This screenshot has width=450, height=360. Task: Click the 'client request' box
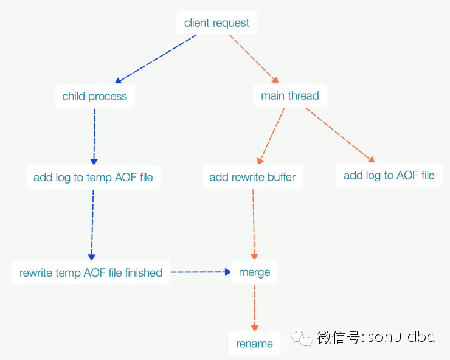[217, 22]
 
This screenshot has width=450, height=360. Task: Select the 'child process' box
[95, 96]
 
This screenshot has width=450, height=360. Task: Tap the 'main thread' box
[290, 95]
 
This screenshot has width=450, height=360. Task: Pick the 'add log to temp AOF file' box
[94, 177]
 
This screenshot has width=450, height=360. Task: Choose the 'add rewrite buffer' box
[252, 176]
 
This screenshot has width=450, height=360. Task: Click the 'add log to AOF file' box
[389, 175]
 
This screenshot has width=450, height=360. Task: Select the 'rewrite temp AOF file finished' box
[91, 272]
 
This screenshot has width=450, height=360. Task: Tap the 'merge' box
[255, 272]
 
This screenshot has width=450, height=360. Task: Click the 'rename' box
[255, 343]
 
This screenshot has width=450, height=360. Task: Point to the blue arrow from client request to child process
[156, 59]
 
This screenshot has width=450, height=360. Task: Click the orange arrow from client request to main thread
[254, 59]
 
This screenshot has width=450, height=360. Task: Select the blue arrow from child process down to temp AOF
[94, 137]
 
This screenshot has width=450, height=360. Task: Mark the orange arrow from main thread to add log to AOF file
[341, 135]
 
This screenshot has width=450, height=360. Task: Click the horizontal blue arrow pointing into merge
[201, 272]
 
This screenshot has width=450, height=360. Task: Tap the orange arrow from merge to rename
[255, 308]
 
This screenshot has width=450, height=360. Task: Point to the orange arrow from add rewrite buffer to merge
[254, 224]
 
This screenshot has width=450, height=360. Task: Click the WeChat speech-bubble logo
[302, 337]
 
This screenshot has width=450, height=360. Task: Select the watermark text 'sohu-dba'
[402, 336]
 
